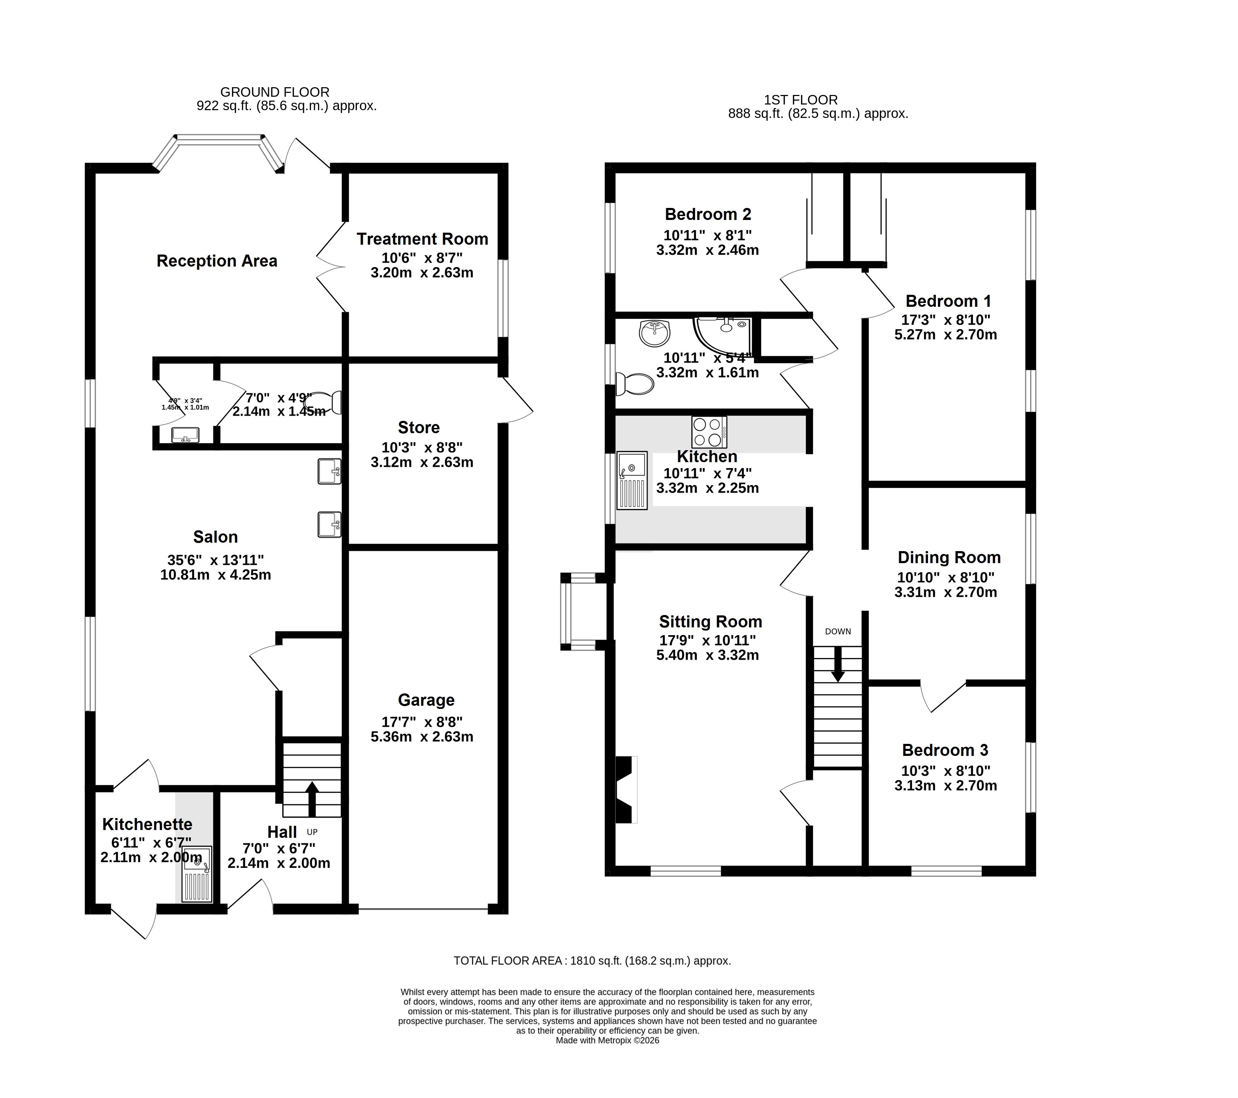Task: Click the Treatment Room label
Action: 422,239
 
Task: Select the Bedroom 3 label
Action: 945,750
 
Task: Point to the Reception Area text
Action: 217,261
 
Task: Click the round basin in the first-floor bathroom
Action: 654,333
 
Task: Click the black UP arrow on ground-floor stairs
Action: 312,799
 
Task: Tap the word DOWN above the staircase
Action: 838,632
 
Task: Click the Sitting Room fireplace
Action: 626,790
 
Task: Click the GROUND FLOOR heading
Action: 274,92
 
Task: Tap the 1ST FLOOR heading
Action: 801,100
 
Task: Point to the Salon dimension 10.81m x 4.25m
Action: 216,575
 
